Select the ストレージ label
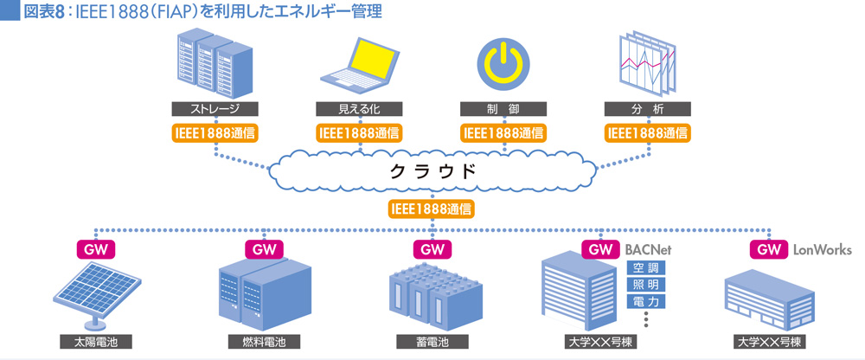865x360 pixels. (215, 109)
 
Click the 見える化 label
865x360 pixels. (359, 109)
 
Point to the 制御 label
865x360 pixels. (503, 109)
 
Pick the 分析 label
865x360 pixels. (648, 109)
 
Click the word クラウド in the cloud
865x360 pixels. (433, 170)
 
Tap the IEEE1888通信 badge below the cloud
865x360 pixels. (432, 209)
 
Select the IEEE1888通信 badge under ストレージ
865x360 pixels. (215, 133)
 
